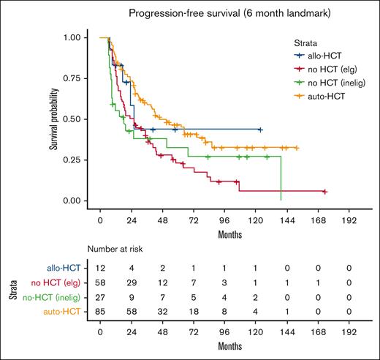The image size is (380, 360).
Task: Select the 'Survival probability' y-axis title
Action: tap(53, 119)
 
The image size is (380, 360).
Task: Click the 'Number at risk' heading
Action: tap(115, 249)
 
